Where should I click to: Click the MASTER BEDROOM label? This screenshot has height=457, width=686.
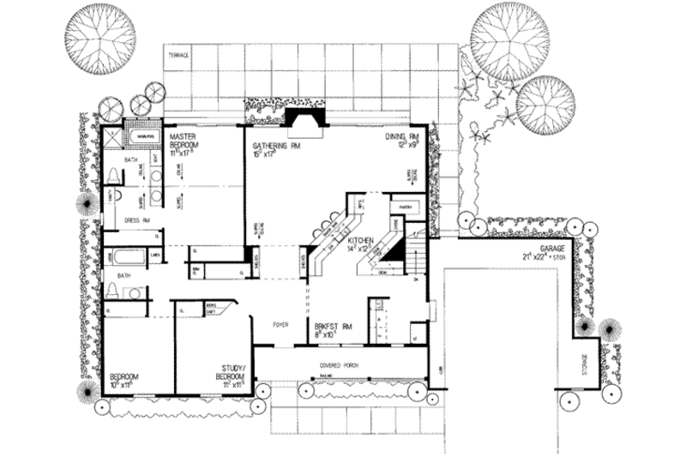185,141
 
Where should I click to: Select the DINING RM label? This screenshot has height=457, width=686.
400,137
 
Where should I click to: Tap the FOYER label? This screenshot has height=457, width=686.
280,326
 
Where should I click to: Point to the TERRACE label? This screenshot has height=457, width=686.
178,56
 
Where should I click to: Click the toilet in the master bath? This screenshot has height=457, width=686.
113,176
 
